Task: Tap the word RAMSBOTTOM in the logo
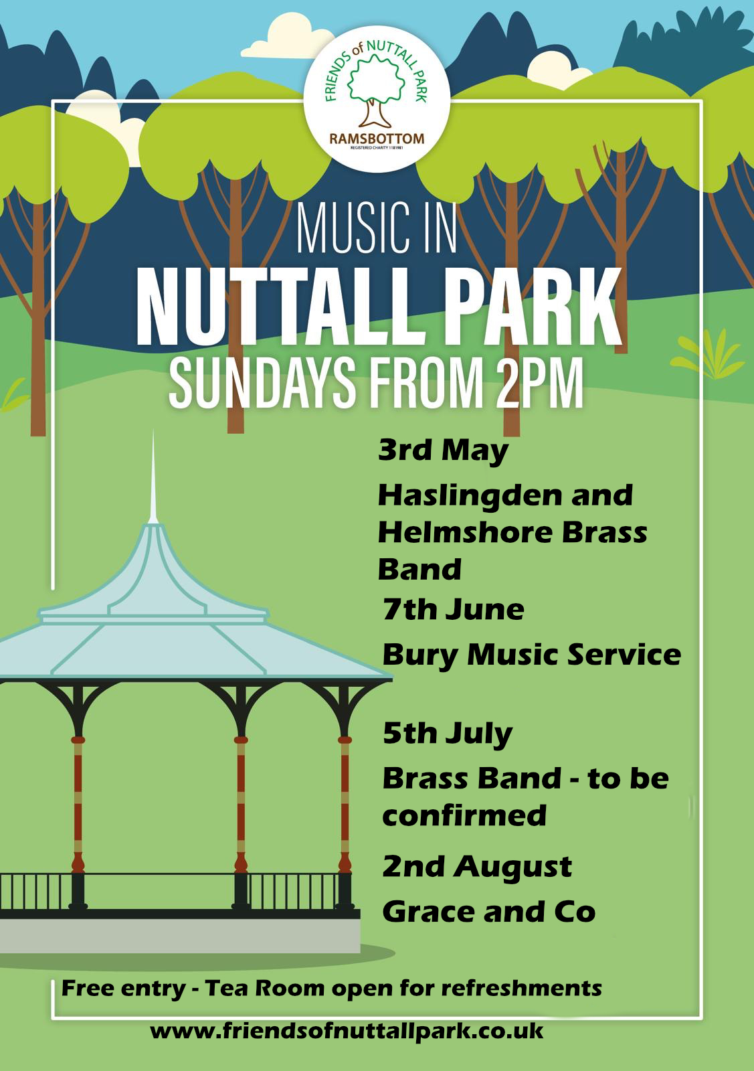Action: pyautogui.click(x=377, y=139)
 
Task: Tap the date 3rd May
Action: pyautogui.click(x=443, y=451)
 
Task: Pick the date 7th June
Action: pyautogui.click(x=453, y=610)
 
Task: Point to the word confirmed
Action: pyautogui.click(x=464, y=816)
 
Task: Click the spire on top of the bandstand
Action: pyautogui.click(x=153, y=477)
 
